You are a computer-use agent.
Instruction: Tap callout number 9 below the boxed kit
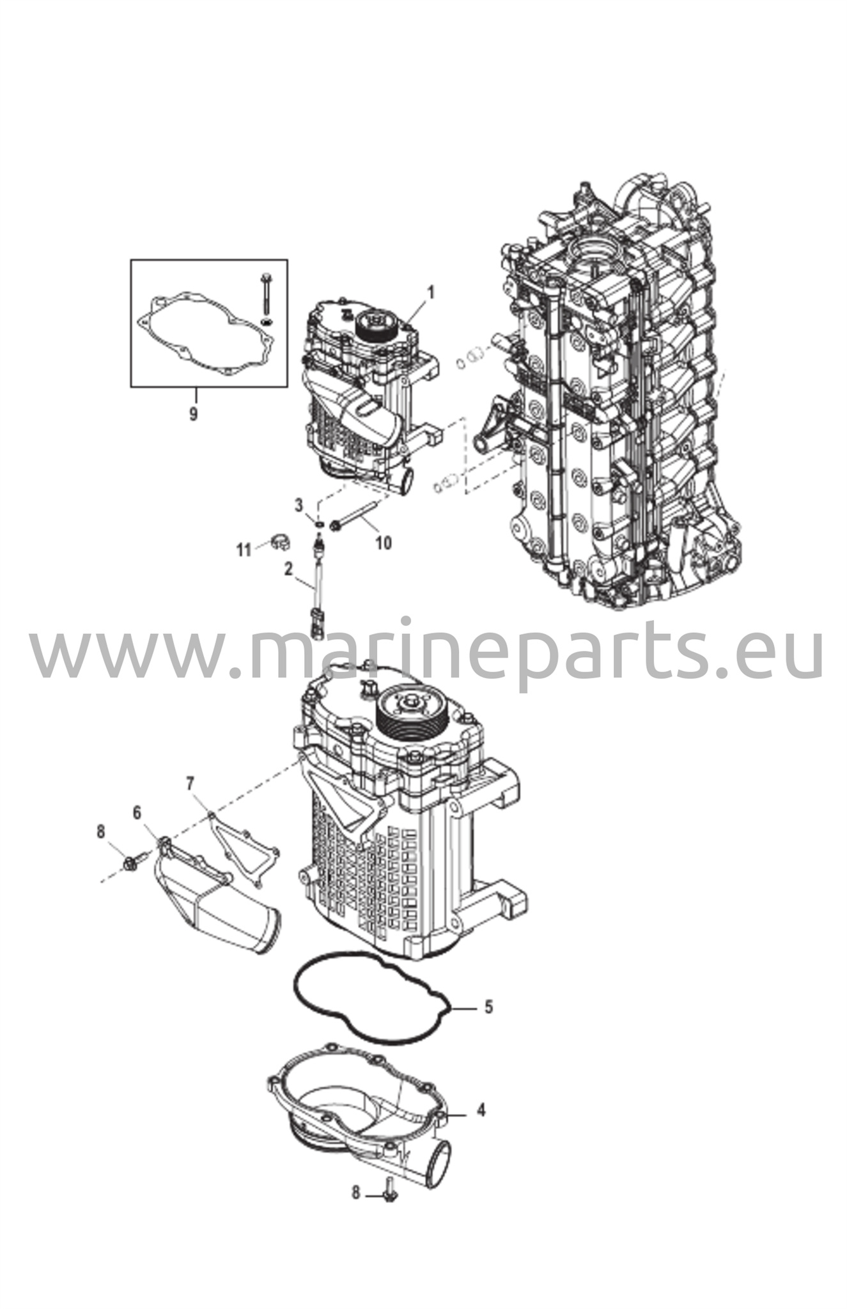click(x=193, y=414)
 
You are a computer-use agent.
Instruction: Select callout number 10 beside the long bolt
click(x=383, y=543)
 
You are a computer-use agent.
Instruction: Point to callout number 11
click(x=244, y=550)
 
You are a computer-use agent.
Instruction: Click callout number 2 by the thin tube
click(x=288, y=568)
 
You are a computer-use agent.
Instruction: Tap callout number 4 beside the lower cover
click(x=481, y=1110)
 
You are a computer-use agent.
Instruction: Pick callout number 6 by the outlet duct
click(x=137, y=812)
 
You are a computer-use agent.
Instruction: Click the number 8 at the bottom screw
click(x=356, y=1193)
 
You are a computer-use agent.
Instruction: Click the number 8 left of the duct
click(x=100, y=832)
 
